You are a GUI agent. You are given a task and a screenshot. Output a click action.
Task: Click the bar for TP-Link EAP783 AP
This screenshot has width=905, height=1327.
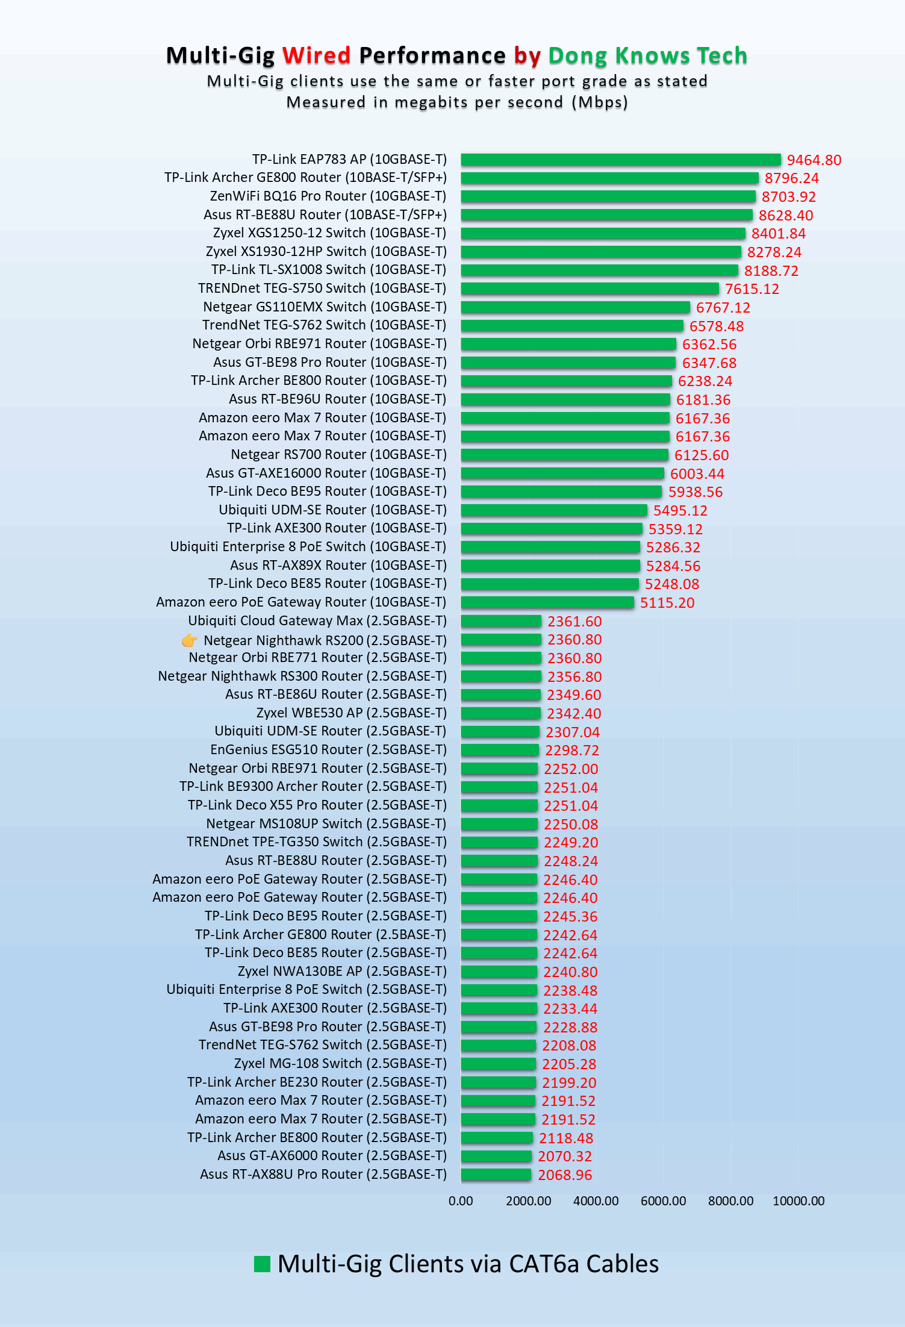tap(620, 160)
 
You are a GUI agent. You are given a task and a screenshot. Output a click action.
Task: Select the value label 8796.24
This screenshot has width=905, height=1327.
tap(791, 178)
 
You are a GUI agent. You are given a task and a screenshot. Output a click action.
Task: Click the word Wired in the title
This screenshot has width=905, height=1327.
tap(316, 55)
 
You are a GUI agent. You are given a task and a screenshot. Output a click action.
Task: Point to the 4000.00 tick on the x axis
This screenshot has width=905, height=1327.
tap(596, 1201)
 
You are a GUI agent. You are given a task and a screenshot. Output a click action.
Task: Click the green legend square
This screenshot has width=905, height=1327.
tap(262, 1264)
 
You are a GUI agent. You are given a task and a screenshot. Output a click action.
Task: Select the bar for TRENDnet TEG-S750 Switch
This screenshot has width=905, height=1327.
tap(589, 289)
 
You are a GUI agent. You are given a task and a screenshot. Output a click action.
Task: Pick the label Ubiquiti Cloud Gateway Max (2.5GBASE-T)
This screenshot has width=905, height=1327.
tap(317, 621)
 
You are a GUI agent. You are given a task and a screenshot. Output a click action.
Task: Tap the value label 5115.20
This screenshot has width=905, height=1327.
tap(667, 603)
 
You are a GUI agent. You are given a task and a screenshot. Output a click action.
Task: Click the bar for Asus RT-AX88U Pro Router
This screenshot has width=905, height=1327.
tap(496, 1175)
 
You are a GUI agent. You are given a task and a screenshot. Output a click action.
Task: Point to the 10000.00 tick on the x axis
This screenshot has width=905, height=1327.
tap(798, 1201)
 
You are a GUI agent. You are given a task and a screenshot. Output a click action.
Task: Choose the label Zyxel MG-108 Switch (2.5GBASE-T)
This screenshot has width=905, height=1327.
tap(340, 1064)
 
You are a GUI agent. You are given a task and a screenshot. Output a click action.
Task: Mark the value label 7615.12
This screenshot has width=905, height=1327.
tap(751, 289)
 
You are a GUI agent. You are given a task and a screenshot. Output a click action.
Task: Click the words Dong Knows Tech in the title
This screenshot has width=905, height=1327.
tap(647, 55)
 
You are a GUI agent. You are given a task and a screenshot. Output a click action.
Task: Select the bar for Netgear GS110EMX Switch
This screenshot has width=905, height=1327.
tap(575, 307)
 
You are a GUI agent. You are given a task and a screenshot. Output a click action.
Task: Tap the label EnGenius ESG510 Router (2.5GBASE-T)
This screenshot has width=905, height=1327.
tap(328, 750)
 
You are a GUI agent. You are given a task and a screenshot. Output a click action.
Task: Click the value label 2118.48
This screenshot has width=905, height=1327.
tap(565, 1138)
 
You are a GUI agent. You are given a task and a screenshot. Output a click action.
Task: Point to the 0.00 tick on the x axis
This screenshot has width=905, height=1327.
tap(461, 1201)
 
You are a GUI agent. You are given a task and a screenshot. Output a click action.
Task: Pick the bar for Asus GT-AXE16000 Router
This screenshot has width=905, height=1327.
tap(562, 473)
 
